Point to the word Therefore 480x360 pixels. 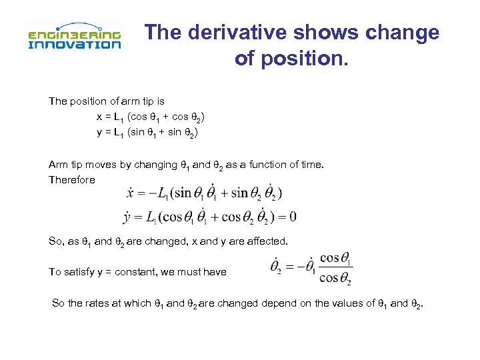tap(72, 179)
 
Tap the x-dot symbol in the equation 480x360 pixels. tap(130, 193)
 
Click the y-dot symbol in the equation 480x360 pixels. tap(127, 217)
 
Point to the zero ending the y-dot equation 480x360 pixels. tap(293, 217)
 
